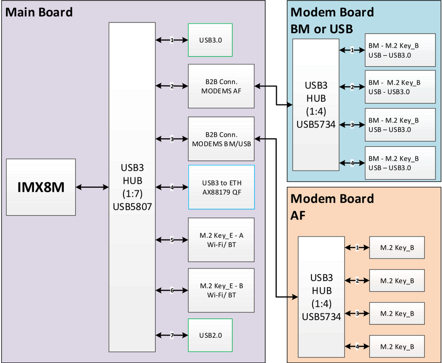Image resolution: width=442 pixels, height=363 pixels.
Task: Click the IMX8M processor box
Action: [41, 187]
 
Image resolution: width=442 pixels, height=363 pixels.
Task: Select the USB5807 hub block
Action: [132, 187]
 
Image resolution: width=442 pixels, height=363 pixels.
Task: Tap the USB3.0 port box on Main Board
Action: [210, 40]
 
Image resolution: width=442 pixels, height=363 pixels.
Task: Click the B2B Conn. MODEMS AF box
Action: [221, 86]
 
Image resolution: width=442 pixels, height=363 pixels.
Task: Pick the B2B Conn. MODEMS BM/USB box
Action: [221, 139]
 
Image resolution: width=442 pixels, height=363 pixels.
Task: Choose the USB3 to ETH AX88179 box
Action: [221, 187]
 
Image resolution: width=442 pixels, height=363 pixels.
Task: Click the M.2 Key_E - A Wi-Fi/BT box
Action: [221, 239]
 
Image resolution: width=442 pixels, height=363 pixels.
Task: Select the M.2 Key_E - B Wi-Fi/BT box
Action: [221, 290]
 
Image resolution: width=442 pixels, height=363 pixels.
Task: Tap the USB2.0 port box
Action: [210, 335]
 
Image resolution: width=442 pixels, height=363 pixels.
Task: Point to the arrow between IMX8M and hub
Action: [92, 187]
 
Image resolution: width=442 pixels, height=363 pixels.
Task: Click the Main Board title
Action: [39, 12]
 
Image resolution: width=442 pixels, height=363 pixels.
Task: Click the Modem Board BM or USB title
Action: [332, 20]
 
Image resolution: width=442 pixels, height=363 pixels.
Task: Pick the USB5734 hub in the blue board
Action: [316, 104]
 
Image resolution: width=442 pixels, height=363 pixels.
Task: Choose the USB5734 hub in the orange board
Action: [321, 297]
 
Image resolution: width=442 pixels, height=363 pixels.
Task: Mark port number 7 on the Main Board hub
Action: [172, 336]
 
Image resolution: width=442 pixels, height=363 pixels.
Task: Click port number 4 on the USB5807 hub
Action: [172, 187]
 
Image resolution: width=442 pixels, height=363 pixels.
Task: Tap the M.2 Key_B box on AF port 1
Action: [397, 248]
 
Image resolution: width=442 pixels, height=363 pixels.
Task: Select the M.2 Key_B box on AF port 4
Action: [397, 347]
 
